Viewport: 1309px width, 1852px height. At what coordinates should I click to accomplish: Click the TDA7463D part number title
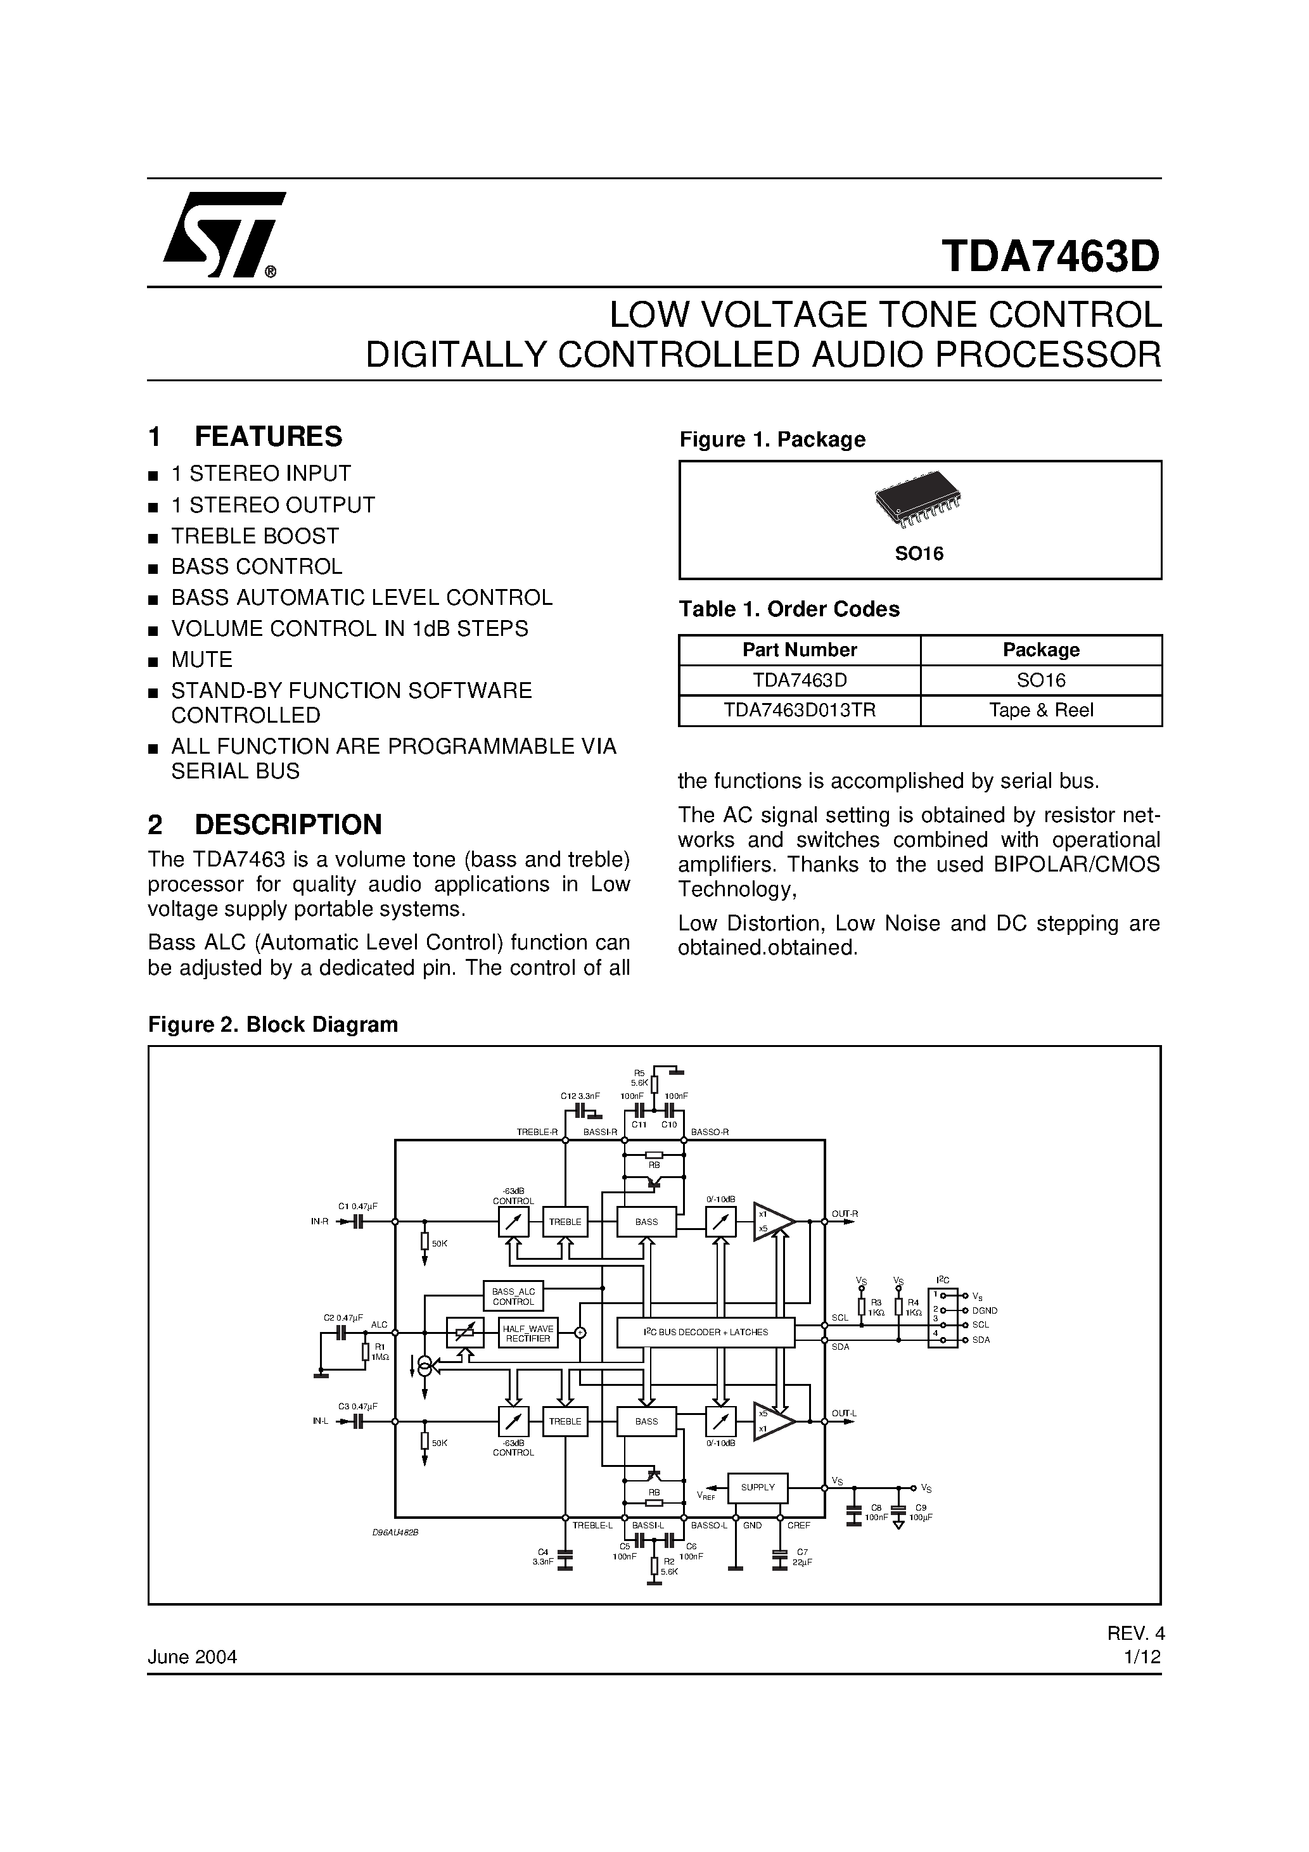point(1050,257)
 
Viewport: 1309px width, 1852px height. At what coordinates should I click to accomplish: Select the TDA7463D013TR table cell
point(799,711)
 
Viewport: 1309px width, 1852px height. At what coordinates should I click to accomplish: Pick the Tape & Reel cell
point(1040,711)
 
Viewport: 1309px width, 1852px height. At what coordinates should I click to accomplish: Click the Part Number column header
point(799,649)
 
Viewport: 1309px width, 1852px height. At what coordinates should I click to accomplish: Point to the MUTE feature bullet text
point(201,660)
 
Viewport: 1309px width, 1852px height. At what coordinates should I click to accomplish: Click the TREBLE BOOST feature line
point(255,536)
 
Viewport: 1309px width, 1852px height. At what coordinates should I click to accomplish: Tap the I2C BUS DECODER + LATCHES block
point(705,1332)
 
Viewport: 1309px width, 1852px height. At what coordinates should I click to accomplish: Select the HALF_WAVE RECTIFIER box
point(527,1333)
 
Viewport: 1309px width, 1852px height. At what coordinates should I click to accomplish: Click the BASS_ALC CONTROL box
point(513,1297)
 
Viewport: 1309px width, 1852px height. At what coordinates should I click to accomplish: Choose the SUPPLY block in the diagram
point(757,1487)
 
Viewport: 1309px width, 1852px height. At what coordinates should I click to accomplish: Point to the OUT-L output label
point(843,1413)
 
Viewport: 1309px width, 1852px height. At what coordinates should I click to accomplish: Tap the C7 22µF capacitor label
point(801,1557)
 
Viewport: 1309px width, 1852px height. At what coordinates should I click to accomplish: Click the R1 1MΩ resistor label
point(380,1351)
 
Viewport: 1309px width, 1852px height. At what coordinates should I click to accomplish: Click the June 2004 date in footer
point(192,1657)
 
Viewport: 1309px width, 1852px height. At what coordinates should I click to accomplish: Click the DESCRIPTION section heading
point(287,825)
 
